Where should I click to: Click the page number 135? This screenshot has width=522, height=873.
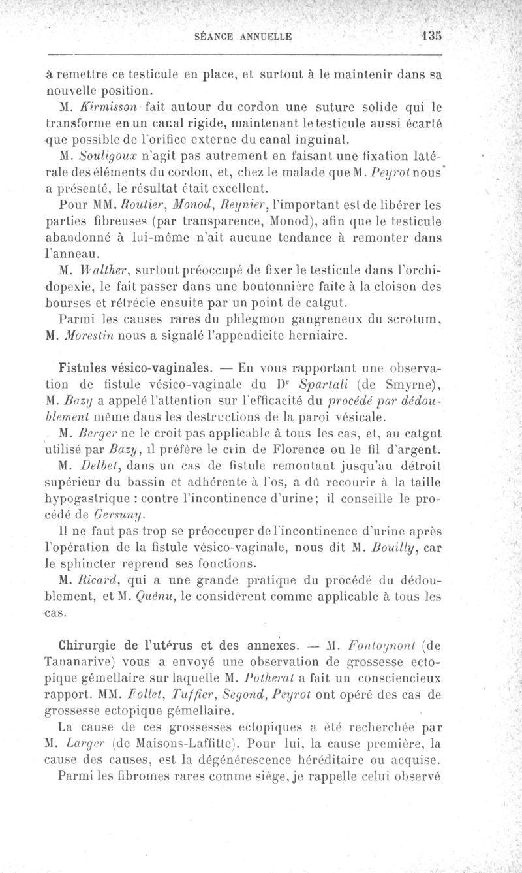click(x=431, y=37)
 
